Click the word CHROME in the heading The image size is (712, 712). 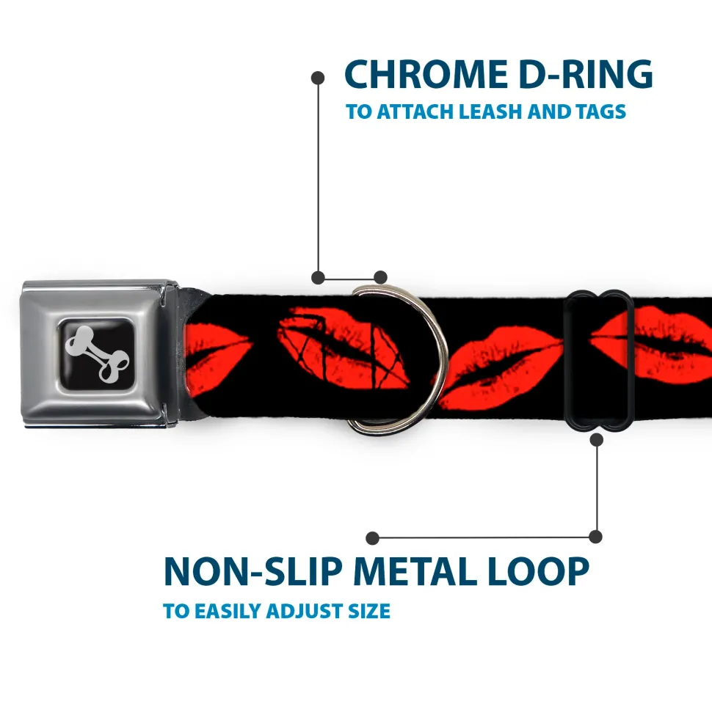[426, 74]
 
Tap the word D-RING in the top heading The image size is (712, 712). [586, 74]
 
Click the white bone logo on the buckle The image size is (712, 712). [97, 353]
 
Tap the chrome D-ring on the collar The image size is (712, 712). [395, 359]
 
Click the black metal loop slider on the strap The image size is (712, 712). [597, 359]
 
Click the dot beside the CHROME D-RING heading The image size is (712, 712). [318, 78]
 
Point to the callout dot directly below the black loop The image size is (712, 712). [596, 439]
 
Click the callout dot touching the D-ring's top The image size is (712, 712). [380, 277]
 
